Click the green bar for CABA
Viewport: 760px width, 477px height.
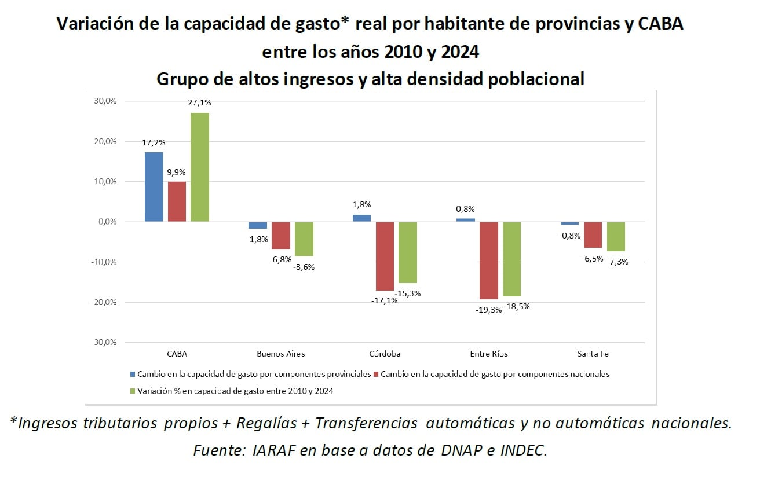(200, 167)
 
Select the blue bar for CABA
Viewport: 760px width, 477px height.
(154, 186)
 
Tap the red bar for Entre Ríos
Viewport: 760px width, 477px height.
(488, 260)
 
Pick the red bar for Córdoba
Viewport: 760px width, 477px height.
(385, 256)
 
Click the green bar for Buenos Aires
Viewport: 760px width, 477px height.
(304, 238)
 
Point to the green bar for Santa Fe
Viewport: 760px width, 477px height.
(616, 236)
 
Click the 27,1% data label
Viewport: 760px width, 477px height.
(200, 102)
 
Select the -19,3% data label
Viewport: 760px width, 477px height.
(488, 310)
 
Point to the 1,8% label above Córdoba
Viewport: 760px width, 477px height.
(361, 204)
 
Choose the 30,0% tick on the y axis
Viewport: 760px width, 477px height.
(104, 101)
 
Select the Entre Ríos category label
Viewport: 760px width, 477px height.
(489, 353)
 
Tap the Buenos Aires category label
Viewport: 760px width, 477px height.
(280, 353)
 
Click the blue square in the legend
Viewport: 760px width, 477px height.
(133, 375)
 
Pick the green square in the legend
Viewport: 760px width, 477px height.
(133, 391)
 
